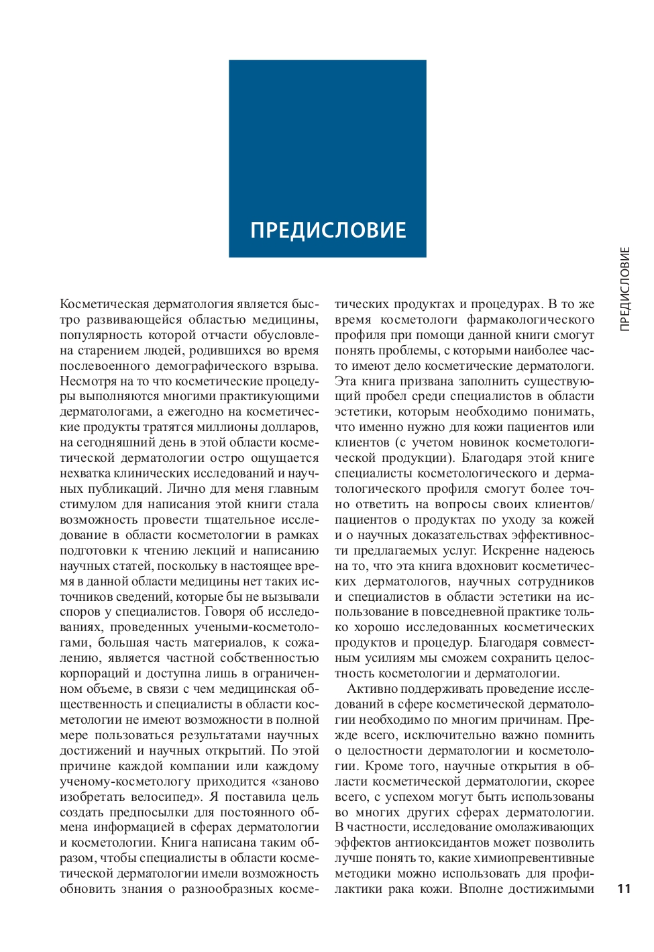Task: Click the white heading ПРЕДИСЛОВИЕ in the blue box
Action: click(x=328, y=230)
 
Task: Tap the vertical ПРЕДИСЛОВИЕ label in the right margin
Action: click(x=624, y=289)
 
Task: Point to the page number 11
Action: click(x=624, y=888)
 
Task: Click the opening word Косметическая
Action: click(x=104, y=304)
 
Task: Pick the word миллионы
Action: click(x=239, y=427)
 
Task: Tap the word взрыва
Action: click(x=296, y=366)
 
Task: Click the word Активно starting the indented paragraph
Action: click(x=370, y=689)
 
